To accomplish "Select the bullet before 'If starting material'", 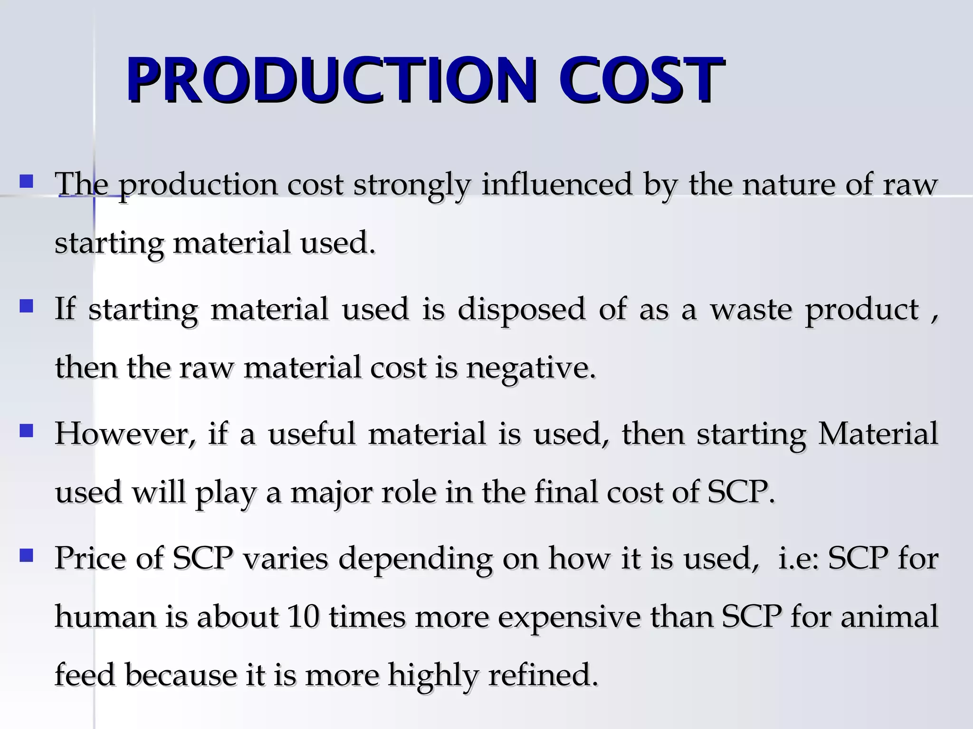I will pos(26,306).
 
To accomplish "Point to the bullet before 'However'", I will pos(26,431).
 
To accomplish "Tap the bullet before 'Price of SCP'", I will pos(26,555).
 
